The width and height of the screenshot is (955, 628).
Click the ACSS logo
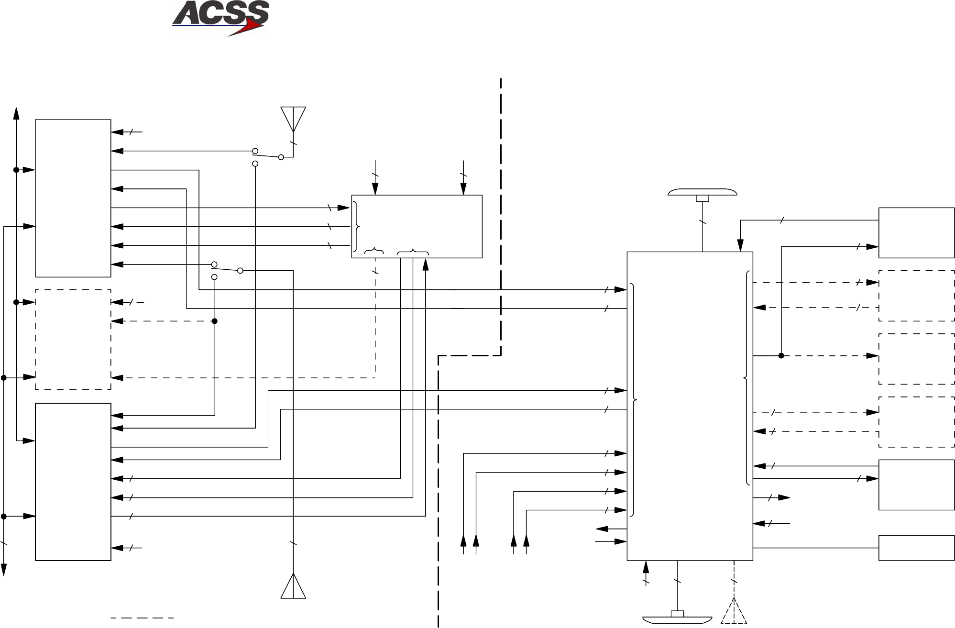pyautogui.click(x=220, y=18)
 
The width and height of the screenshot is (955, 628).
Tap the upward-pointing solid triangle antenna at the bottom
pyautogui.click(x=293, y=587)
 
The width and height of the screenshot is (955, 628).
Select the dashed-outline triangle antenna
pyautogui.click(x=734, y=612)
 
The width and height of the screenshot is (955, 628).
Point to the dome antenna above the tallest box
pyautogui.click(x=702, y=193)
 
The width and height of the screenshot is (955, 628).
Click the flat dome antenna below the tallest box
pyautogui.click(x=677, y=618)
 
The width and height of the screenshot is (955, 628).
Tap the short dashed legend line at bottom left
pyautogui.click(x=142, y=618)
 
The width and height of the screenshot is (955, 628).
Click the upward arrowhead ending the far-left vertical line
pyautogui.click(x=16, y=113)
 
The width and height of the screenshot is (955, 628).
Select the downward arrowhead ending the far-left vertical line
pyautogui.click(x=4, y=570)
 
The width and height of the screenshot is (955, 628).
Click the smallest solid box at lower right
pyautogui.click(x=916, y=548)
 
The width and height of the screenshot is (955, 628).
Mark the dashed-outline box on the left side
pyautogui.click(x=73, y=339)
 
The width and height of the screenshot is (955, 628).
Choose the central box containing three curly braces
pyautogui.click(x=417, y=226)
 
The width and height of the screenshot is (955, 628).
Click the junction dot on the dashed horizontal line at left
pyautogui.click(x=215, y=321)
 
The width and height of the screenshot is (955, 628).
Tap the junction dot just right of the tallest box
pyautogui.click(x=781, y=356)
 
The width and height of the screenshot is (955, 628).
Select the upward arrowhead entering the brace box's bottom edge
pyautogui.click(x=426, y=264)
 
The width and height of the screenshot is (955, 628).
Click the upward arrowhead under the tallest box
pyautogui.click(x=646, y=567)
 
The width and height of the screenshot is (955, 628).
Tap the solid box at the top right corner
pyautogui.click(x=916, y=233)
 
